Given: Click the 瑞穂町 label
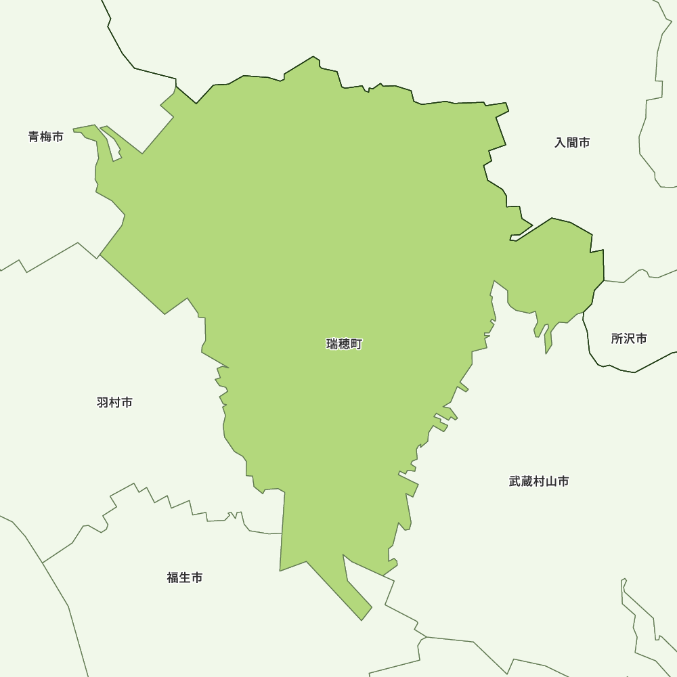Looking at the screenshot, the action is pos(344,345).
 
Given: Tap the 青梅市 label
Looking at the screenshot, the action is pos(46,137).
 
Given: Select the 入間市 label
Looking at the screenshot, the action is pos(572,143).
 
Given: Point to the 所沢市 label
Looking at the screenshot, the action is pos(629,338).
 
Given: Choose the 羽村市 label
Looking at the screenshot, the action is pos(114,403).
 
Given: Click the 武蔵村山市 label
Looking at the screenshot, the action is pos(539,481).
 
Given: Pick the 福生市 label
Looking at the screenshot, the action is pos(185,577).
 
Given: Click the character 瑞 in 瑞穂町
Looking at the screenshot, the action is pos(332,345).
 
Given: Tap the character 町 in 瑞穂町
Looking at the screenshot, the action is pos(356,345).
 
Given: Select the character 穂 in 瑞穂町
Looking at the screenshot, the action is pos(344,345).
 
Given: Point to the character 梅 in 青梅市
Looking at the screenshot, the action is pos(46,137).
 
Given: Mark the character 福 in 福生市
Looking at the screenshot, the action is pos(173,577).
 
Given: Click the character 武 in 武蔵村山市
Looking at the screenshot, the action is pos(515,481).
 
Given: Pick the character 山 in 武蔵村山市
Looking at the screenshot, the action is pos(551,481).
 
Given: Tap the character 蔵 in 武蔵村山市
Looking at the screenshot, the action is pos(527,481).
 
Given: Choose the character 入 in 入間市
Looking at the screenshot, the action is pos(561,143).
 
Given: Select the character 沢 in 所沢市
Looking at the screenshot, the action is pos(629,338).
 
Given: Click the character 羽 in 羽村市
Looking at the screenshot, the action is pos(103,403).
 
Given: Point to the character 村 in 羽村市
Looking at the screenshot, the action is pos(114,403).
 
